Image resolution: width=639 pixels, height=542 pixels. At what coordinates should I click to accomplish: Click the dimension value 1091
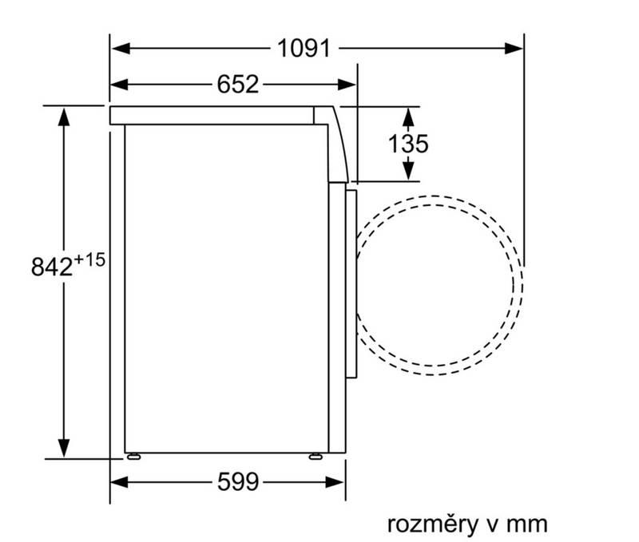pos(304,49)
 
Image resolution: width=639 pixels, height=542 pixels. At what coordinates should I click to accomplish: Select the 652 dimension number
pos(237,85)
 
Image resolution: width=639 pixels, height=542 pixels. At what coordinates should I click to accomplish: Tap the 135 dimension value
pos(408,144)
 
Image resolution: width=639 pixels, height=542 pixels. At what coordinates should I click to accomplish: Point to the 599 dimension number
pos(238,482)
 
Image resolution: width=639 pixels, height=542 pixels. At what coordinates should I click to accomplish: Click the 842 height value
pos(52,267)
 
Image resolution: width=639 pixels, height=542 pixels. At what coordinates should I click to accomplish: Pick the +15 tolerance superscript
pos(89,259)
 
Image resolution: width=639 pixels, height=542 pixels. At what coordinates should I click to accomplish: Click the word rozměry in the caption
pos(432,524)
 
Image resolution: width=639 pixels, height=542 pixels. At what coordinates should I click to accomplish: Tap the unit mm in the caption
pos(526,524)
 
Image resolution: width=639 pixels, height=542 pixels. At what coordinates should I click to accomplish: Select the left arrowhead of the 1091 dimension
pos(121,49)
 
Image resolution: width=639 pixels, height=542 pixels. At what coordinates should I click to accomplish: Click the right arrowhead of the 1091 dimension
pos(514,49)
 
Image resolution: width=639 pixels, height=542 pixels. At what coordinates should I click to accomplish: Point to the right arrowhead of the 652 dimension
pos(347,85)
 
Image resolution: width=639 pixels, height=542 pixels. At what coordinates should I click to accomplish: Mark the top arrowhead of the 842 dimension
pos(64,117)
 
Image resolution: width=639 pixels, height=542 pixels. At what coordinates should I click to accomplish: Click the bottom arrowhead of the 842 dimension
pos(64,448)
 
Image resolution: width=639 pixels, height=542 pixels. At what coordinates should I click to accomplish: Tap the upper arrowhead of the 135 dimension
pos(408,117)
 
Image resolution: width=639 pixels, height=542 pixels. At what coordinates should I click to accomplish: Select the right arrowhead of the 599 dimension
pos(335,483)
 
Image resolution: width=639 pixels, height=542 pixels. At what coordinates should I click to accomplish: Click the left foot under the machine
pos(133,457)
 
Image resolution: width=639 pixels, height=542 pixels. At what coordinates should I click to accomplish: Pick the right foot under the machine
pos(316,457)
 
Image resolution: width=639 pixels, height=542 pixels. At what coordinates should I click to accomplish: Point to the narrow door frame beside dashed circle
pos(351,284)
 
